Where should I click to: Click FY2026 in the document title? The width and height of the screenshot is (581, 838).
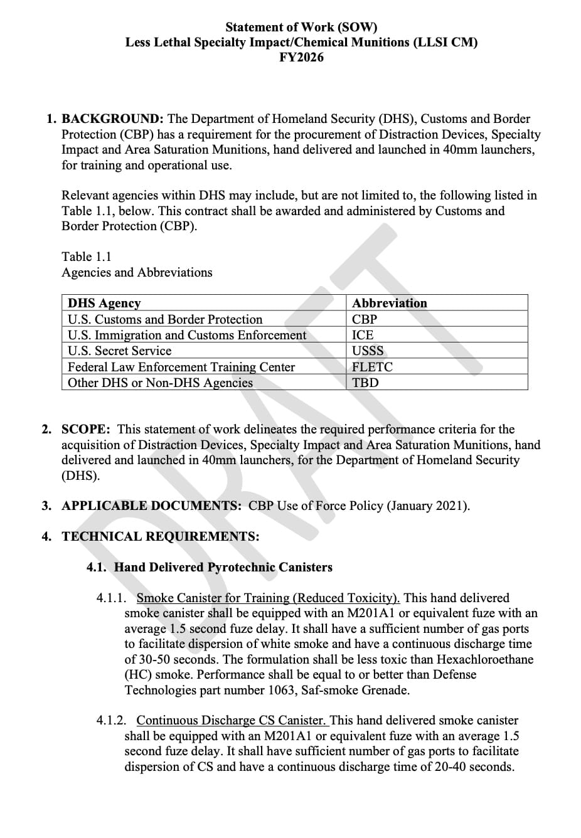(x=301, y=58)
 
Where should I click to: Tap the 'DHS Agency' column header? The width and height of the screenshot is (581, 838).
(x=104, y=303)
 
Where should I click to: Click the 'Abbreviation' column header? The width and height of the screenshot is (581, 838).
(x=390, y=303)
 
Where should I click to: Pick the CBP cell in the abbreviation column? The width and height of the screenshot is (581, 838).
(x=365, y=319)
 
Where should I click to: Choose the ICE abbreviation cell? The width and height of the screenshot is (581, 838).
(x=363, y=335)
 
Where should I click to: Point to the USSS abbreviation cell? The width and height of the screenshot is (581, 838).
(x=368, y=351)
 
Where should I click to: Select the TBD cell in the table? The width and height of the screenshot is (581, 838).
(x=365, y=383)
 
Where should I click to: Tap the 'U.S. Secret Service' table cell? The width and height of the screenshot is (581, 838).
(x=119, y=351)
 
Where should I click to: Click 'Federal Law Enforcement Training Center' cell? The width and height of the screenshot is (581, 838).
(x=181, y=367)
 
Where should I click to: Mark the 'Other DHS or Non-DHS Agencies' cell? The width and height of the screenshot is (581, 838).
(x=160, y=383)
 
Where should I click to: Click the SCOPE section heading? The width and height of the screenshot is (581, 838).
(x=86, y=430)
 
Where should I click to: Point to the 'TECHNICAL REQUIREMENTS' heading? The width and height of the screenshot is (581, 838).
(x=160, y=537)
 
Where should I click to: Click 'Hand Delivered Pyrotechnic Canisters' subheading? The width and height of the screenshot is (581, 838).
(x=223, y=568)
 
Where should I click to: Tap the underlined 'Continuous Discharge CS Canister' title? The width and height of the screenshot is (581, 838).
(x=231, y=721)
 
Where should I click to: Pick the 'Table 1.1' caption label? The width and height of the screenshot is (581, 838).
(x=87, y=257)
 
